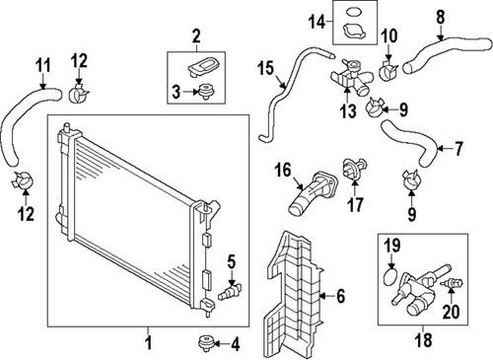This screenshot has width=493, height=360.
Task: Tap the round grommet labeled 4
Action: coord(205,342)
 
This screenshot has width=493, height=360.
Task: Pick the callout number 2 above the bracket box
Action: coord(196,37)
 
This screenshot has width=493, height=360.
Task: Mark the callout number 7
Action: coord(458,150)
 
